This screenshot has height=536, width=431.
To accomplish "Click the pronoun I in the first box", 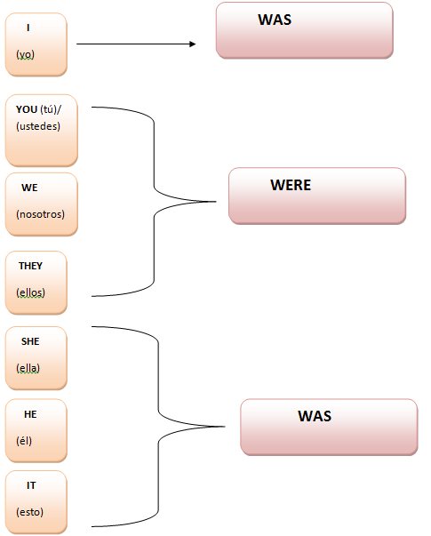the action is point(28,28).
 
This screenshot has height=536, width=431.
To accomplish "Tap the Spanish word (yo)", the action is point(25,54).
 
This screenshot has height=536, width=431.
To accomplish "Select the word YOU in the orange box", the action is point(27,109).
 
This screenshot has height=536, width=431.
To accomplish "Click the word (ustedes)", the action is point(38,126).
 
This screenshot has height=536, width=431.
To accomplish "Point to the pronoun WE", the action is point(29,188).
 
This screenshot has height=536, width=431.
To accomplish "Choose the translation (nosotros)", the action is point(40,214).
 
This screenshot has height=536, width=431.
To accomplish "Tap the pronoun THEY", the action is point(30,266).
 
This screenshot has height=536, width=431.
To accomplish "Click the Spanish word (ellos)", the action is point(30,292).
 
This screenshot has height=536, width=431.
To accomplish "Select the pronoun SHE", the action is point(30,341).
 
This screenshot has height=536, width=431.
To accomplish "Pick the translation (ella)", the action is point(28,368).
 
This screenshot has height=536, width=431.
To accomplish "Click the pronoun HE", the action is point(30,414).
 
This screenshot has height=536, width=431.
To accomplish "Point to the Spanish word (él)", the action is point(24,441).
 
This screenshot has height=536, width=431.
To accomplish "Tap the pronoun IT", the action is point(31,485).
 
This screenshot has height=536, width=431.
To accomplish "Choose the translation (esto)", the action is point(29,512).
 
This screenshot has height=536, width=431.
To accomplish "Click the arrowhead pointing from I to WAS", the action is point(193,44).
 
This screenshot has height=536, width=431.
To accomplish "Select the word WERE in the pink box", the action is point(291,185).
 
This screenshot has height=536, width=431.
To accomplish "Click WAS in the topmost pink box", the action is point(275,20).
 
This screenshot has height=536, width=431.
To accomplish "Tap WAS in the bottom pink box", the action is point(315,416).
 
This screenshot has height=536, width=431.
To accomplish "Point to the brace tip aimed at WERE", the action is point(216,202).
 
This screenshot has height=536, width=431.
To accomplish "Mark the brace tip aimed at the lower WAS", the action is point(225,427).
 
